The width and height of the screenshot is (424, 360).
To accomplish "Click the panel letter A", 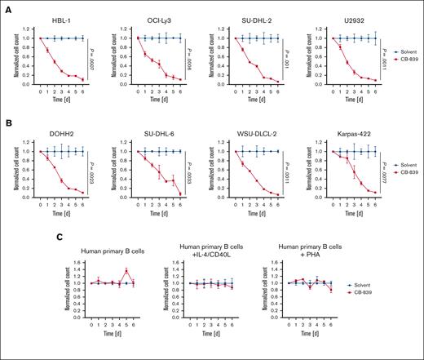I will (x=7, y=7).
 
